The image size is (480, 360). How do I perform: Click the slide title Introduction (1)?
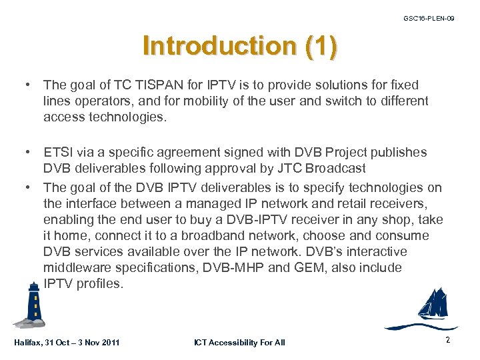[240, 45]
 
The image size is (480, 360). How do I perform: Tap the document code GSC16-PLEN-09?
[429, 19]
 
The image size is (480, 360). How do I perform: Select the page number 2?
[448, 340]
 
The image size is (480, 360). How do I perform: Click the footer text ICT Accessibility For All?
[239, 343]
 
